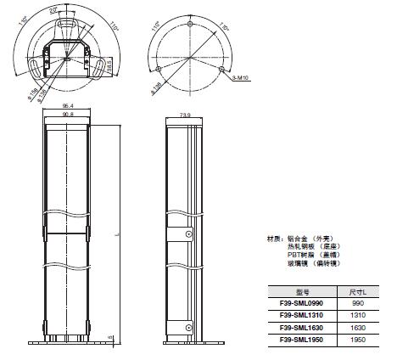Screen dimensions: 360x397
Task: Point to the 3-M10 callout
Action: (239, 77)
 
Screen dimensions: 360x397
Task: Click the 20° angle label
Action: (55, 9)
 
